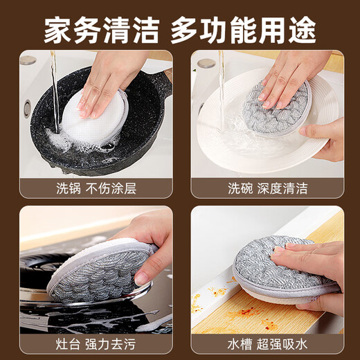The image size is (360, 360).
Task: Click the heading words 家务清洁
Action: click(x=98, y=28)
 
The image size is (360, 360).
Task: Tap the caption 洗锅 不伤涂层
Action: click(x=95, y=187)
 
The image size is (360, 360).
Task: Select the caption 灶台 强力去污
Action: click(x=95, y=343)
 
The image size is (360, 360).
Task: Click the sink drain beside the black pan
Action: click(x=26, y=108)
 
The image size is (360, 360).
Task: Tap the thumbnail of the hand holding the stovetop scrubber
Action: click(x=142, y=277)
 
